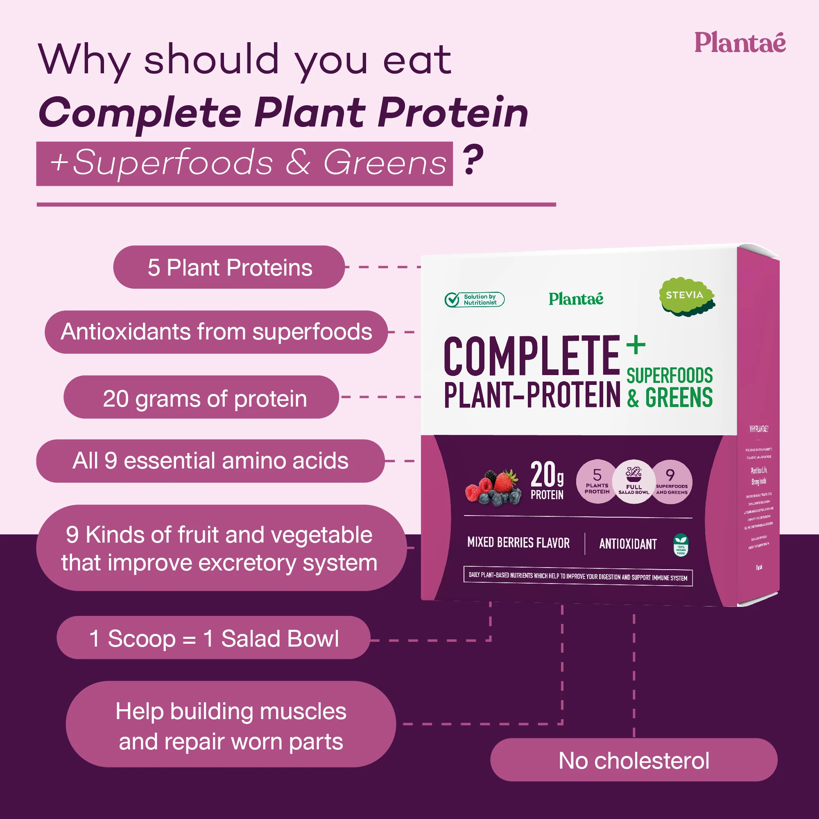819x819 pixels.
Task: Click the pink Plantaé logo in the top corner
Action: point(739,43)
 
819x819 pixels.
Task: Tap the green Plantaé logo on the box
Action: point(576,299)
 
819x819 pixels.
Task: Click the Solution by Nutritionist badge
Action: point(474,300)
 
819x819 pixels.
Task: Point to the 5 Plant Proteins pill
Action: point(229,267)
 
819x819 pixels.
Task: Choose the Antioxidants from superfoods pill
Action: point(216,332)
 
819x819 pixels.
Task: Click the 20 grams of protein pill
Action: point(201,397)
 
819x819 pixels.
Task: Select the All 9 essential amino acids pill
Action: point(210,461)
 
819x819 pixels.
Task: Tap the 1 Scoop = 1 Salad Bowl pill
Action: point(213,638)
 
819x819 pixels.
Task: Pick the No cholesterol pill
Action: point(633,760)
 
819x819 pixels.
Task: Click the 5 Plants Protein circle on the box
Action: point(597,482)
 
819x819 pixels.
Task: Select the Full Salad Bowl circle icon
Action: point(633,482)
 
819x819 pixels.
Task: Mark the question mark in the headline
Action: point(473,160)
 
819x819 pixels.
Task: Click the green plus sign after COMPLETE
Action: point(636,345)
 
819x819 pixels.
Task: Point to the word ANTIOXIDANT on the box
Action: point(628,544)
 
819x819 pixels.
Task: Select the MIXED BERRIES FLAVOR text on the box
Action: point(518,543)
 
